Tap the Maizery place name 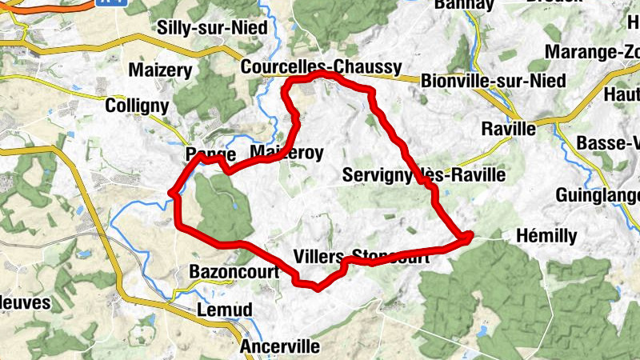pos(161,70)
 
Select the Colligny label pos(137,106)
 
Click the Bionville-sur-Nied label pos(494,81)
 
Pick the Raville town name pos(509,129)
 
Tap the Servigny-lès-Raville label pos(424,174)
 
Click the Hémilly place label pos(546,236)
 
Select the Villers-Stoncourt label pos(367,257)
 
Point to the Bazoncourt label pos(234,272)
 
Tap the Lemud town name pos(224,310)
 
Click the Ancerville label pos(280,347)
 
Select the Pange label pos(210,154)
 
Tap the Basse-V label pos(608,143)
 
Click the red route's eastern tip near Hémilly pos(468,235)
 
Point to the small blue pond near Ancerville pos(479,329)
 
